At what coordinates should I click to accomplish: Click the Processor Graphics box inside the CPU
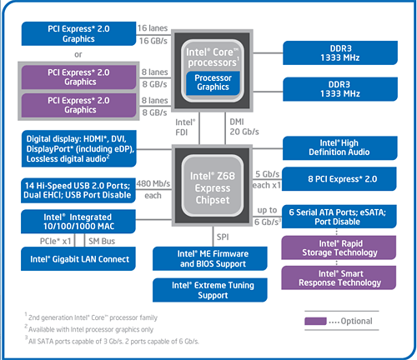pos(213,82)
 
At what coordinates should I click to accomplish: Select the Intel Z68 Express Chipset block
pos(212,186)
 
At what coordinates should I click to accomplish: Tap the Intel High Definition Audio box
pos(339,147)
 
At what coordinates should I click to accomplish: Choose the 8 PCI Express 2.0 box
pos(339,179)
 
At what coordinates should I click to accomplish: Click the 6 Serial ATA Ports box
pos(339,217)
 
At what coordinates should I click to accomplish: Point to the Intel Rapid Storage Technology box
pos(339,247)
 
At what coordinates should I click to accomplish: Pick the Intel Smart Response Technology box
pos(339,277)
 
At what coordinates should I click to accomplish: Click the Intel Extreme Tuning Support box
pos(210,290)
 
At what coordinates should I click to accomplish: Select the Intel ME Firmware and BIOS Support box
pos(210,258)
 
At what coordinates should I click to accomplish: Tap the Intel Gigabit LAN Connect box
pos(78,259)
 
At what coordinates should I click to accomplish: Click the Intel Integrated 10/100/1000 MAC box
pos(78,222)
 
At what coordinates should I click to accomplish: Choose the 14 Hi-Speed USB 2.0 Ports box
pos(78,191)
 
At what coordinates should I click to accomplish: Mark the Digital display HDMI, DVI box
pos(79,148)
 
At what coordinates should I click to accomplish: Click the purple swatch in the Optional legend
pos(315,321)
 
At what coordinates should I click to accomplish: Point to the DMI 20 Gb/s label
pos(244,127)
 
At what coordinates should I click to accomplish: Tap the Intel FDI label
pos(185,127)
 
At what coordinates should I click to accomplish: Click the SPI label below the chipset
pos(223,237)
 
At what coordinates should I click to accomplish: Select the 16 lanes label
pos(153,28)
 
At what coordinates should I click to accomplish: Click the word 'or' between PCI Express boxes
pos(78,54)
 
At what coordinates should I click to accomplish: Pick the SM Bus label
pos(102,241)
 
